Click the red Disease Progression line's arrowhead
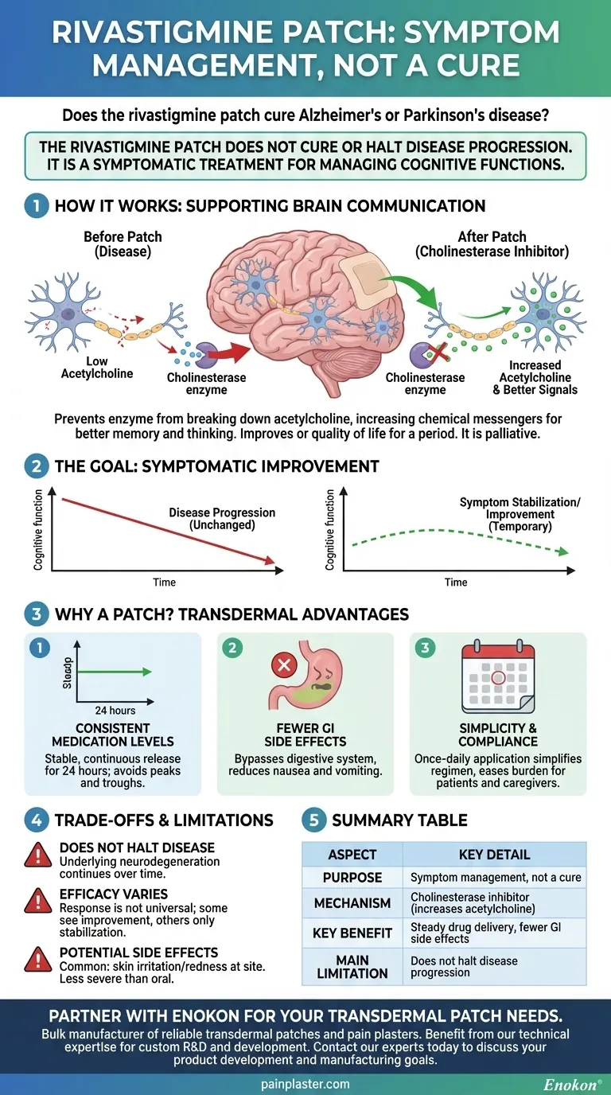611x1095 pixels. [277, 564]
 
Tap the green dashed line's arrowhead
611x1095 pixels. [562, 551]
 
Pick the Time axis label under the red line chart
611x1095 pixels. [164, 583]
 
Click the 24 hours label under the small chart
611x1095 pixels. [116, 710]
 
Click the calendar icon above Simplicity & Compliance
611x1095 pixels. [499, 679]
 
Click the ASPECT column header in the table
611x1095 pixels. [352, 854]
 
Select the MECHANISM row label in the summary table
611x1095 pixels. [352, 903]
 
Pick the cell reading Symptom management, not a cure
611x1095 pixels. [496, 877]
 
